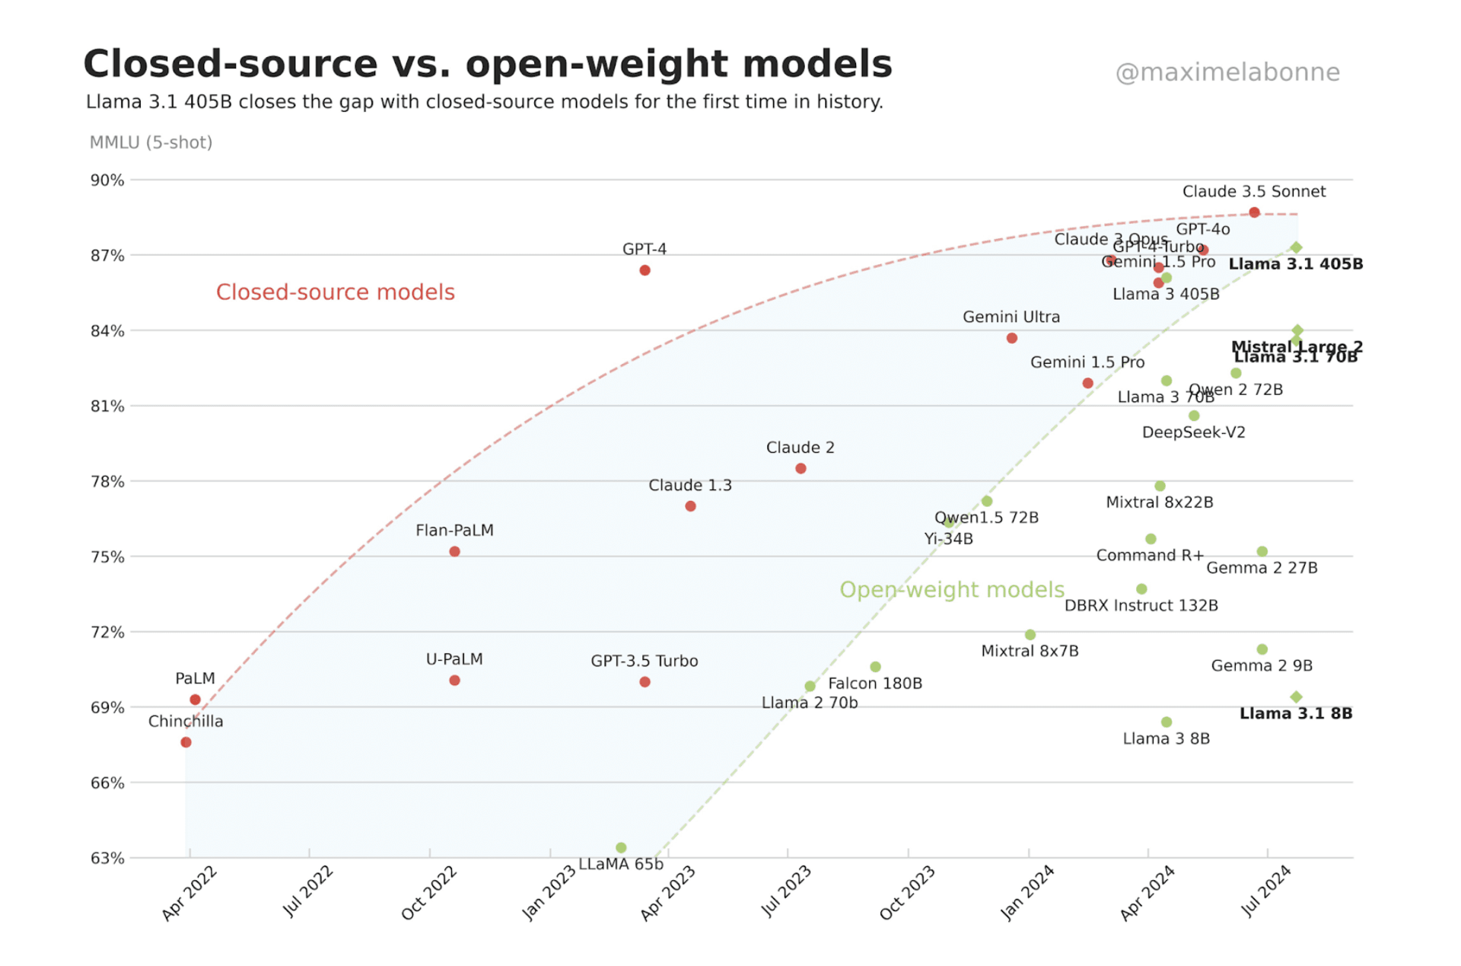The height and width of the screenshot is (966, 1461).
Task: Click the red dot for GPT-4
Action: pos(645,270)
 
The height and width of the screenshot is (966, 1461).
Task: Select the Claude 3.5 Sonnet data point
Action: pos(1254,212)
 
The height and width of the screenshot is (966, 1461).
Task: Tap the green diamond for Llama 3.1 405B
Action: pos(1296,247)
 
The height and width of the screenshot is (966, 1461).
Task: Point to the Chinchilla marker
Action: pos(186,742)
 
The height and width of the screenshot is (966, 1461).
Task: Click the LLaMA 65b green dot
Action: pos(621,847)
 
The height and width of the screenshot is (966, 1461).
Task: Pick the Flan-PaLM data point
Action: pos(454,551)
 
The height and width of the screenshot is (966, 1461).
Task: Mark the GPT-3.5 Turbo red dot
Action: pos(645,682)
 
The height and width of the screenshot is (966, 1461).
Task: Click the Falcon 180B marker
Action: pos(875,667)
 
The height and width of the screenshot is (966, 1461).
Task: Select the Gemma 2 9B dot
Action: pos(1262,649)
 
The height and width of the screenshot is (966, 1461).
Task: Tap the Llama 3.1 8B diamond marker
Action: pos(1296,697)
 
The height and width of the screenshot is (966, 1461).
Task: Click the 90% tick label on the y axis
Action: pos(107,180)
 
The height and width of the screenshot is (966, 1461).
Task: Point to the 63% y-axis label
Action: pos(107,858)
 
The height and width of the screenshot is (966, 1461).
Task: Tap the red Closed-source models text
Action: pos(335,292)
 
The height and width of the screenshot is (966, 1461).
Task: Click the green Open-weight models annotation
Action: pos(951,590)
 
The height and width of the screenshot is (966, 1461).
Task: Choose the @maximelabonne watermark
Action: pos(1227,72)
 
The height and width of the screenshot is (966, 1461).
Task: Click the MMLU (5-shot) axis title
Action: pos(151,142)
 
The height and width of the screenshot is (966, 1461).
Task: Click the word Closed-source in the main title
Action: pos(230,64)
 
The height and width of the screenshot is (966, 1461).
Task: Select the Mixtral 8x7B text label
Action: pos(1030,651)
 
